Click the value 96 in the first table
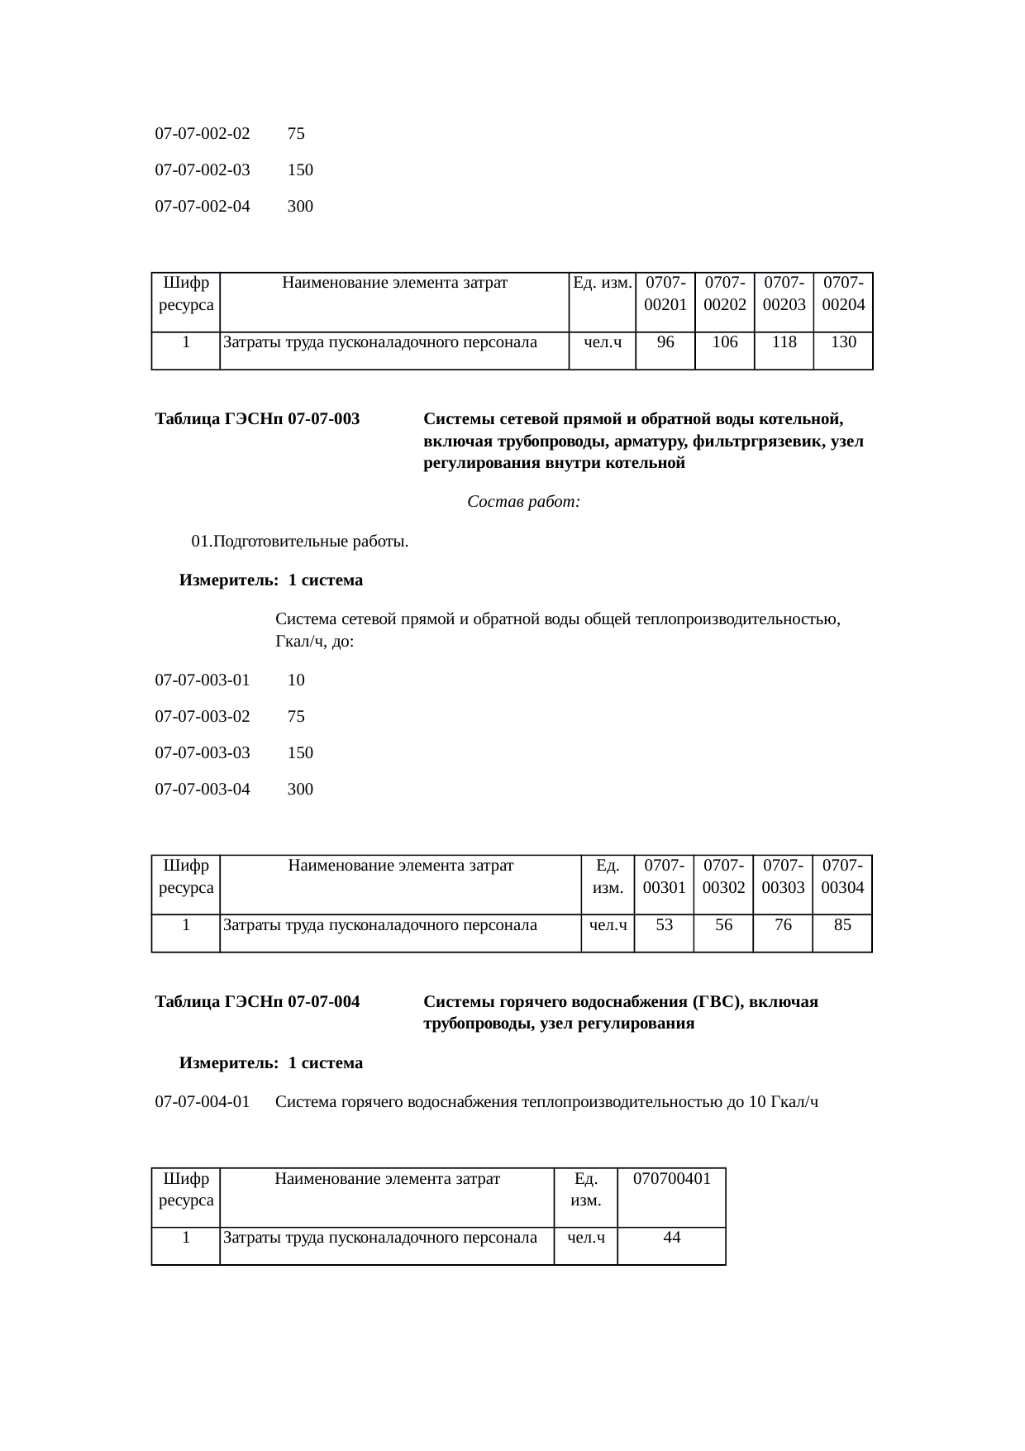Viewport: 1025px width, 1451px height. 665,341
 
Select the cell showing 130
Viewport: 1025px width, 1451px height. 843,341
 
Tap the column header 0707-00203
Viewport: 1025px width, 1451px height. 784,294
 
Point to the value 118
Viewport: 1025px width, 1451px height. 784,341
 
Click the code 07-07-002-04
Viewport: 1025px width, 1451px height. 203,207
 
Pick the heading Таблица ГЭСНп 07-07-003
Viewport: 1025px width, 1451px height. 257,419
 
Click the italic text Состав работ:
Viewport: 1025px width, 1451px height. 523,502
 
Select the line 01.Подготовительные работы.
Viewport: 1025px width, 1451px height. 299,542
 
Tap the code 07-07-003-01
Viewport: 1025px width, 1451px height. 203,680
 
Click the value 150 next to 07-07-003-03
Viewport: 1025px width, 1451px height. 300,753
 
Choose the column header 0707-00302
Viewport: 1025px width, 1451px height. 723,876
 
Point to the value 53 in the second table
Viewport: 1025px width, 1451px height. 664,925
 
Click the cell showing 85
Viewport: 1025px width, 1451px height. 842,925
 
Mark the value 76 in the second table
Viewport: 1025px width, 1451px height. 783,925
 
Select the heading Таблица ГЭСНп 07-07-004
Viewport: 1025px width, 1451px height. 257,1002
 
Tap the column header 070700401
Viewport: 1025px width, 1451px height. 671,1179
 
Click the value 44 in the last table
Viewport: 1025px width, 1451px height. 671,1238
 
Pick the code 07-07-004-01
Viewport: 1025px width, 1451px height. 203,1102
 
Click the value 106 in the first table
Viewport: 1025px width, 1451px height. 724,341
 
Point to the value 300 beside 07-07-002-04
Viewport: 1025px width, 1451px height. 300,207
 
